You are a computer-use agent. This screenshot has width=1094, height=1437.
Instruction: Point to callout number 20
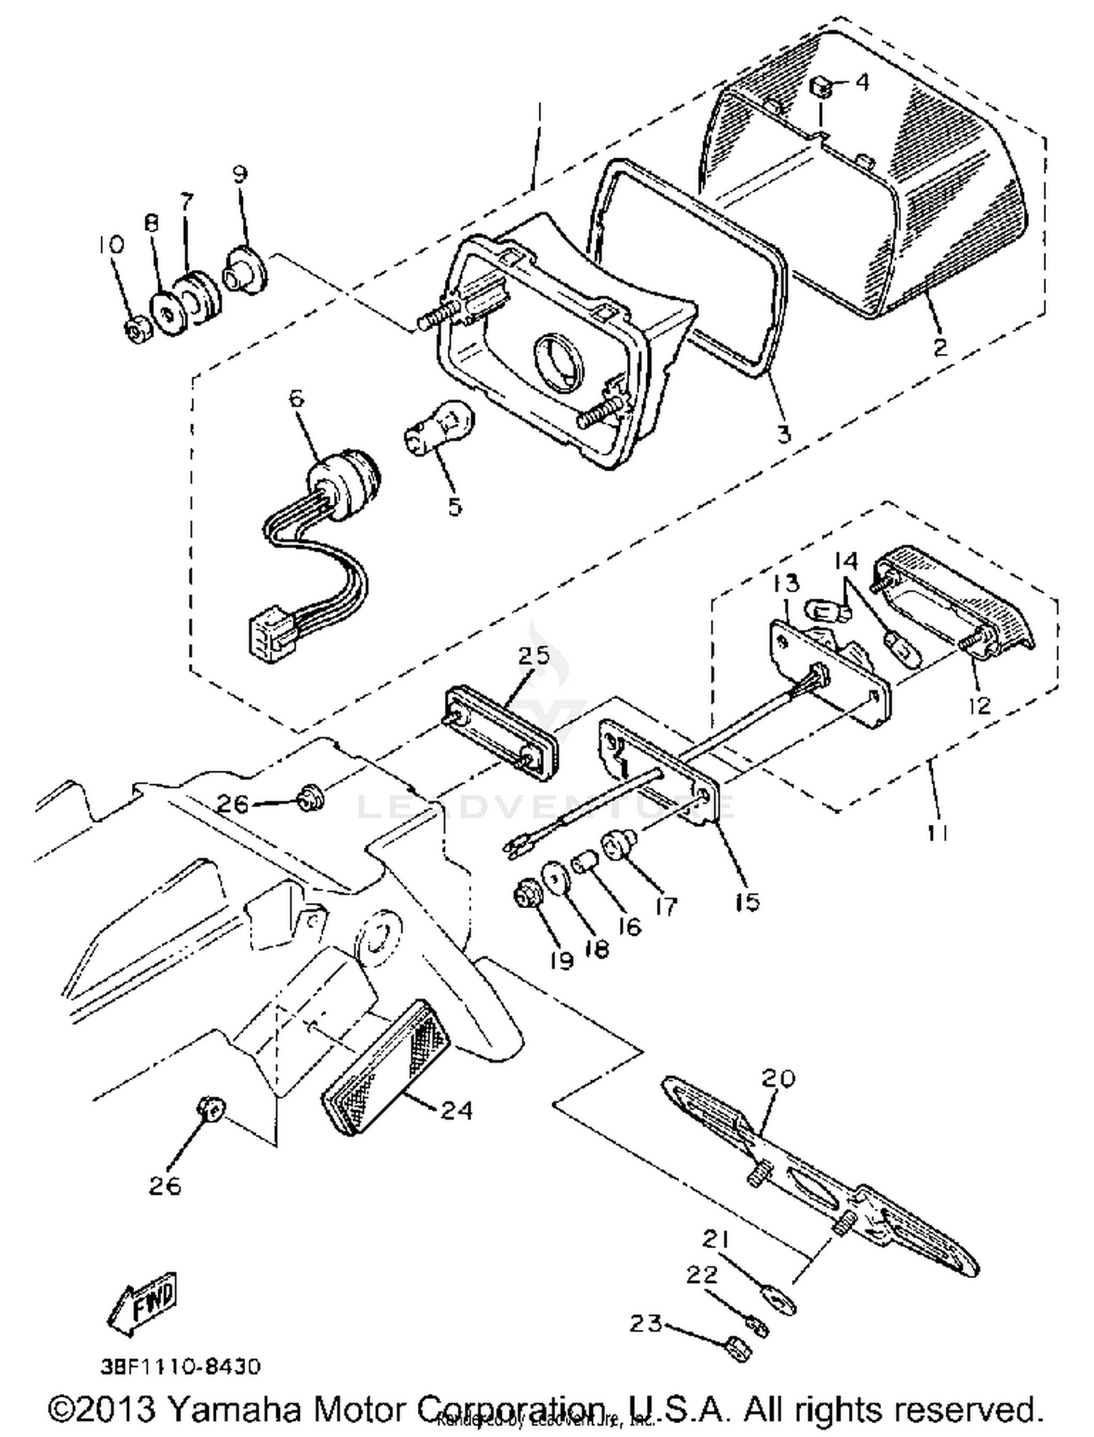tap(777, 1077)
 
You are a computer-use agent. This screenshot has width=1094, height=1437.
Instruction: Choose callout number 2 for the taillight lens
tap(940, 345)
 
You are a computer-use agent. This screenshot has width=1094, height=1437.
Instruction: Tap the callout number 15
tap(748, 901)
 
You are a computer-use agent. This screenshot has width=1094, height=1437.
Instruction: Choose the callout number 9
tap(240, 174)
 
